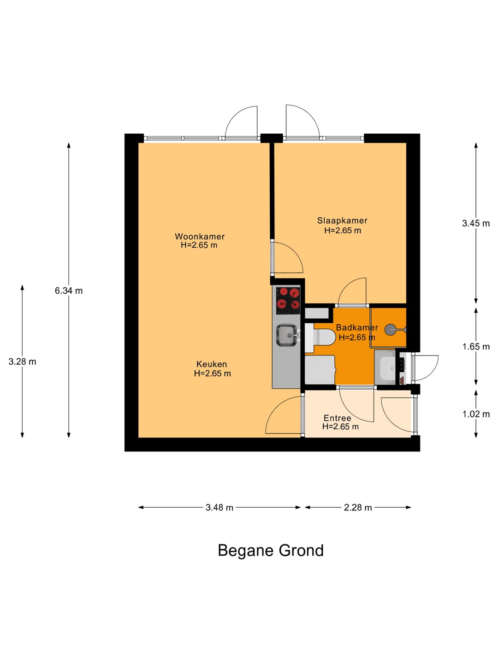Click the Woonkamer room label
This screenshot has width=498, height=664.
(200, 236)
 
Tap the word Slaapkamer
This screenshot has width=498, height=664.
(342, 220)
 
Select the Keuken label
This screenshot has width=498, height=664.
(212, 364)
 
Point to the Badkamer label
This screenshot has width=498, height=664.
(357, 327)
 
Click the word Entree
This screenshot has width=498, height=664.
(338, 418)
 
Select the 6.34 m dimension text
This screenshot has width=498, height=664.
(69, 290)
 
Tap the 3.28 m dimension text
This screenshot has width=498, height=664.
(23, 362)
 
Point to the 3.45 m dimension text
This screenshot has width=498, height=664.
(476, 223)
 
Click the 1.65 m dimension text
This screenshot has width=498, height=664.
(476, 347)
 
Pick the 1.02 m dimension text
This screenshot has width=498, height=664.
(476, 414)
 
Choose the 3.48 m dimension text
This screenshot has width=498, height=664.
(219, 508)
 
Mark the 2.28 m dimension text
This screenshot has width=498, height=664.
(358, 508)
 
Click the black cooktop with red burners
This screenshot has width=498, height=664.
(288, 300)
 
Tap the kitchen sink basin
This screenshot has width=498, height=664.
(286, 335)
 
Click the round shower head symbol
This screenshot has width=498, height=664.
(391, 329)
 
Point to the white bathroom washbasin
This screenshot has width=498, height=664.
(385, 368)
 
